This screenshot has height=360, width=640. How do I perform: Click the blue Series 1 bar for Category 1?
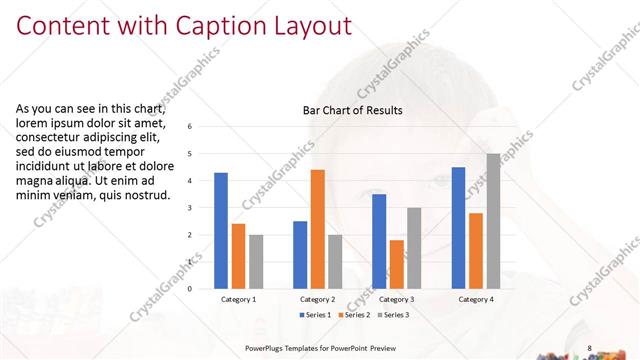(221, 231)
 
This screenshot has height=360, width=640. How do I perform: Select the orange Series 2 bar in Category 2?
(317, 229)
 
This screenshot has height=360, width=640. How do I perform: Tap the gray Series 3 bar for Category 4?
(493, 221)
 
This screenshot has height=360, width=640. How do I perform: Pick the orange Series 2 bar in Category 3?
(396, 264)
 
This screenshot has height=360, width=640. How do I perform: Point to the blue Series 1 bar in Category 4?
(458, 228)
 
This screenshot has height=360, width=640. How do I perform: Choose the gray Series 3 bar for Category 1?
(256, 262)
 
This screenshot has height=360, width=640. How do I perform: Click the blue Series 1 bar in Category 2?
(300, 255)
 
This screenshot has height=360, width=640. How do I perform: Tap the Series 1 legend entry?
(316, 315)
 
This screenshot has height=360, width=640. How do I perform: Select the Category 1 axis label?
(238, 299)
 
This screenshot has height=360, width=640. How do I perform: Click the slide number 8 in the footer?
(590, 348)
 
